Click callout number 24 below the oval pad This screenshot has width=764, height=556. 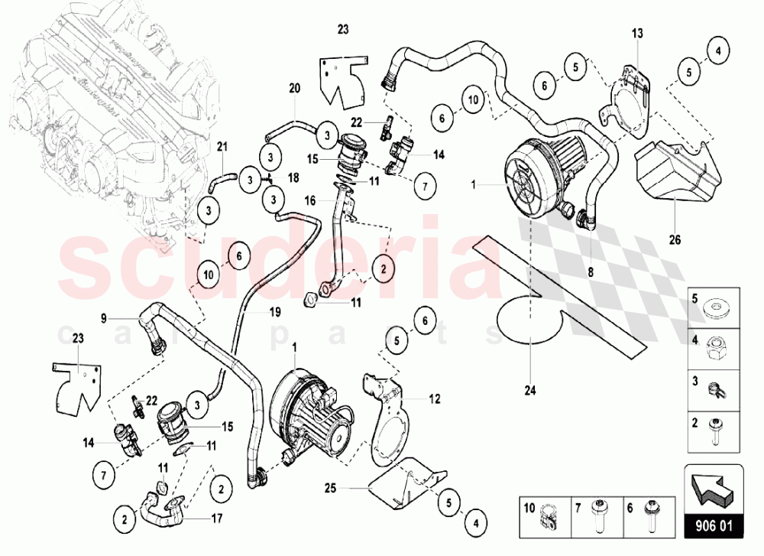[x=530, y=390]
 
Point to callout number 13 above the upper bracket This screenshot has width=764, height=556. [x=637, y=34]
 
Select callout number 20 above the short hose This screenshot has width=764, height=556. [x=294, y=88]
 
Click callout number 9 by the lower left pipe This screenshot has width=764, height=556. [x=104, y=317]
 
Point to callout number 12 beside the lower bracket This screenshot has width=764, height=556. [x=435, y=398]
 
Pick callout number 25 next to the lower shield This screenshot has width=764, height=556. [x=329, y=486]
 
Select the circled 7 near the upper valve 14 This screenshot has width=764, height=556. [x=426, y=186]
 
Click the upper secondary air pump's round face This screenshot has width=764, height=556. [x=529, y=185]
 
